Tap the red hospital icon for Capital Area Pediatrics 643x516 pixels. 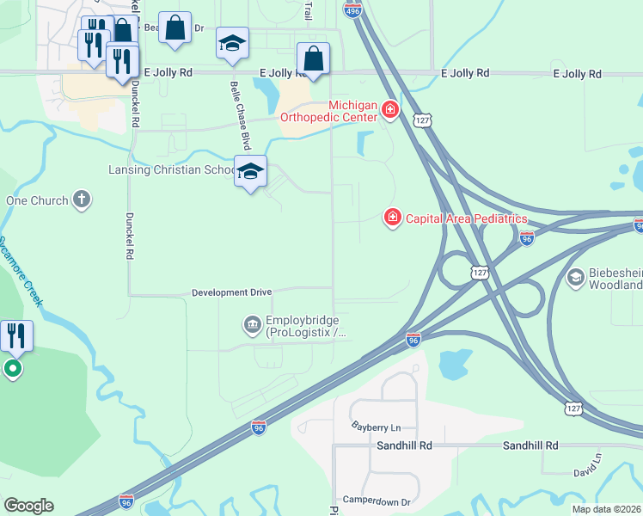pos(392,218)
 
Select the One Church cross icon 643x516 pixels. pos(82,200)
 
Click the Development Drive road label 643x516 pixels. pos(231,292)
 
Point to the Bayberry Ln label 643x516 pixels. pos(377,427)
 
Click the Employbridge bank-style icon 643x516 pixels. pos(252,324)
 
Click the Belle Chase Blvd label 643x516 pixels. pos(240,116)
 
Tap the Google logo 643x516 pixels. pos(28,506)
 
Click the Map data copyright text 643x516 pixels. pos(605,509)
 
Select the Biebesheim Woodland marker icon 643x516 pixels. pos(575,276)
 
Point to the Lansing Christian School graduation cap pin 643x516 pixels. pos(250,172)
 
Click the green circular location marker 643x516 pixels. pos(13,370)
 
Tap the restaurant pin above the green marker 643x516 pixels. pos(16,335)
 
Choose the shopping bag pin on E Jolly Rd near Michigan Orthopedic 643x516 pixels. pos(314,59)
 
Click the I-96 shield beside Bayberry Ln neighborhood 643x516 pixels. pos(259,427)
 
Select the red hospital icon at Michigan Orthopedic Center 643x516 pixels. pos(390,110)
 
